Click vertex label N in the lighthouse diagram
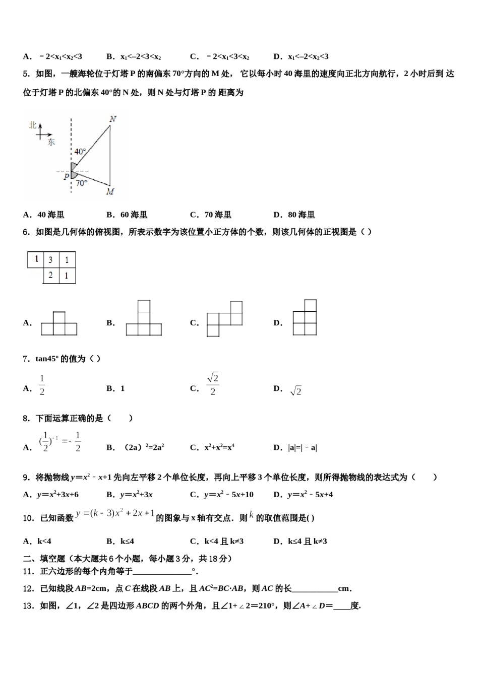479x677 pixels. [x=112, y=119]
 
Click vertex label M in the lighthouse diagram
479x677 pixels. [x=110, y=192]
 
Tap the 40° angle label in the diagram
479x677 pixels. [x=80, y=151]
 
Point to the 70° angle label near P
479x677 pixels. [x=82, y=183]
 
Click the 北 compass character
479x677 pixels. [x=33, y=124]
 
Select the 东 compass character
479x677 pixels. [x=51, y=142]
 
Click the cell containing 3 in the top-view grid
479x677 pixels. [x=50, y=260]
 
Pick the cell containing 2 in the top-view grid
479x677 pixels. [x=50, y=276]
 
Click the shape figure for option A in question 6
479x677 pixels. [x=59, y=324]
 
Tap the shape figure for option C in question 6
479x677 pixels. [x=224, y=319]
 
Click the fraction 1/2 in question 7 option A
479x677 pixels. [x=42, y=385]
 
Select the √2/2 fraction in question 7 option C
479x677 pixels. [x=212, y=384]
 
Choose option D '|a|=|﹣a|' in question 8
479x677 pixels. [x=303, y=447]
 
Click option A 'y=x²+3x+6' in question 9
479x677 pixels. [x=57, y=495]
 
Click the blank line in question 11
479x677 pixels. [x=162, y=572]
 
